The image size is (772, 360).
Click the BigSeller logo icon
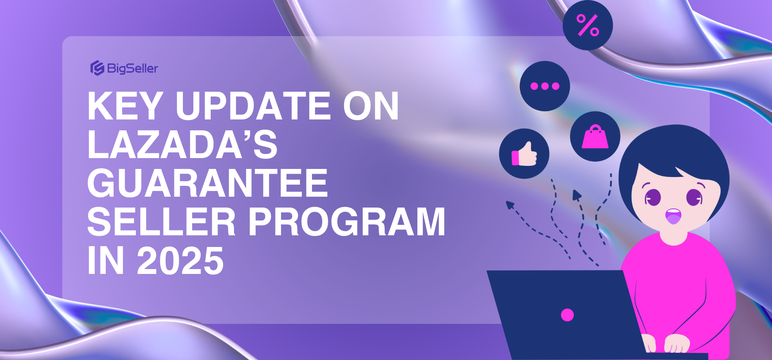pyautogui.click(x=97, y=68)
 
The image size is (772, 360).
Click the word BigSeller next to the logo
pyautogui.click(x=132, y=68)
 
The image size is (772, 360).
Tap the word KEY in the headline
pyautogui.click(x=125, y=106)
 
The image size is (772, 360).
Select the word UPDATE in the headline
pyautogui.click(x=253, y=106)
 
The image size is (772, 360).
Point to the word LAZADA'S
pyautogui.click(x=182, y=145)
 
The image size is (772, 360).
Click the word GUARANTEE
pyautogui.click(x=207, y=183)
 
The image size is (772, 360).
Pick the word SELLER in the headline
pyautogui.click(x=161, y=222)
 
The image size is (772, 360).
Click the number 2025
pyautogui.click(x=180, y=261)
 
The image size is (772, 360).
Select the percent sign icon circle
pyautogui.click(x=587, y=25)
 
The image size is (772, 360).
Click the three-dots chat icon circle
pyautogui.click(x=544, y=86)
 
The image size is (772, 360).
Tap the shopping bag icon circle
pyautogui.click(x=595, y=136)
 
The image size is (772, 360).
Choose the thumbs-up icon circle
pyautogui.click(x=524, y=154)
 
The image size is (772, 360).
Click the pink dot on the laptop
pyautogui.click(x=567, y=315)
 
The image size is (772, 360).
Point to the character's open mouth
pyautogui.click(x=673, y=216)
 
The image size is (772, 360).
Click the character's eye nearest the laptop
pyautogui.click(x=653, y=197)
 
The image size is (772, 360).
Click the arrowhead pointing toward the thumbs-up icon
pyautogui.click(x=510, y=205)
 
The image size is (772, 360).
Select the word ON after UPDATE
pyautogui.click(x=370, y=106)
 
